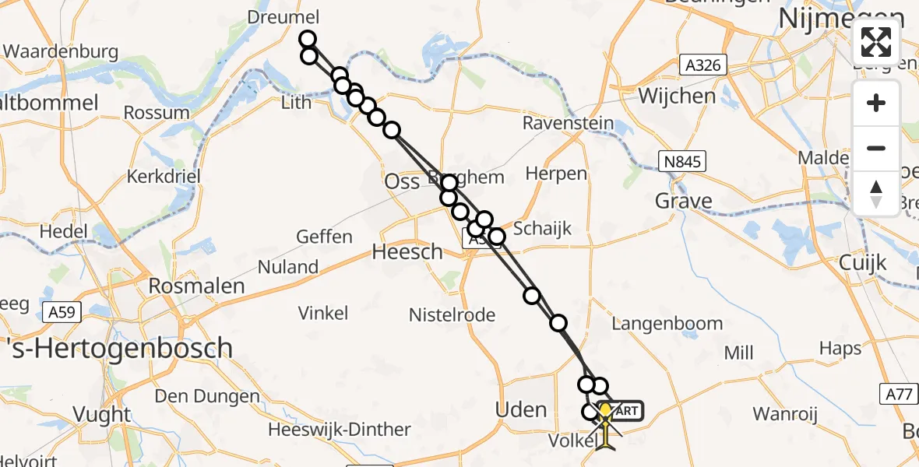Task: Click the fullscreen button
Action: [x=876, y=42]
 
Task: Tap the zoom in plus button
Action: [x=876, y=103]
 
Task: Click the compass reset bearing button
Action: [x=876, y=193]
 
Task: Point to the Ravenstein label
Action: [x=568, y=123]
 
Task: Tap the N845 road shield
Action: [x=681, y=162]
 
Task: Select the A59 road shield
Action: [x=61, y=312]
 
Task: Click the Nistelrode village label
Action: [x=452, y=314]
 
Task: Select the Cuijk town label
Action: [x=863, y=262]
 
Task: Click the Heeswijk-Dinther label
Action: [x=339, y=430]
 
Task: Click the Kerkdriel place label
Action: [x=164, y=176]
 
